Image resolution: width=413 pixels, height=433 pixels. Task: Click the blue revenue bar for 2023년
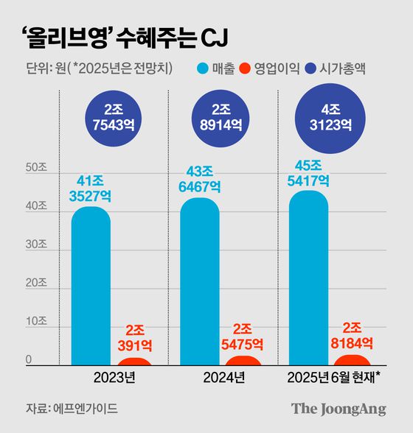click(91, 287)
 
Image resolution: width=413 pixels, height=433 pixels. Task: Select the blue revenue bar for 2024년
click(199, 284)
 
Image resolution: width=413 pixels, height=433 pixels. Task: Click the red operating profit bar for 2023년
click(134, 361)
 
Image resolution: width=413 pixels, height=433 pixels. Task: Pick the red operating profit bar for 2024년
click(243, 360)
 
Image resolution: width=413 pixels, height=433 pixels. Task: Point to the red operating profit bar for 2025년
click(351, 359)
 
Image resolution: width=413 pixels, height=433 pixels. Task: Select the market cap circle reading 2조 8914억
click(222, 118)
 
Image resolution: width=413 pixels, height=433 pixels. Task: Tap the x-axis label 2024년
click(222, 380)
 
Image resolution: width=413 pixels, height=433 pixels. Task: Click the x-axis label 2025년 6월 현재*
click(336, 380)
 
